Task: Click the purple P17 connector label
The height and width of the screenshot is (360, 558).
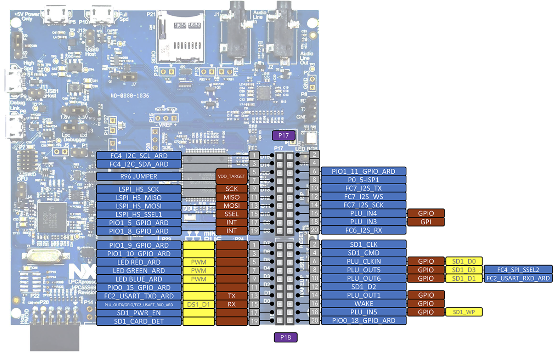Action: click(x=283, y=136)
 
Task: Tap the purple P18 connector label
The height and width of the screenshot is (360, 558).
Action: click(x=286, y=337)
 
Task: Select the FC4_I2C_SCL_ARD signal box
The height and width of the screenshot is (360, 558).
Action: click(x=139, y=156)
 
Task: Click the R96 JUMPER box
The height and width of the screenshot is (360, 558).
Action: click(x=139, y=176)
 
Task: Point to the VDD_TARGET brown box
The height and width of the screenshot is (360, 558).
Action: click(x=231, y=176)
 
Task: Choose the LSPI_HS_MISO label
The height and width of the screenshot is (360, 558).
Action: click(x=139, y=198)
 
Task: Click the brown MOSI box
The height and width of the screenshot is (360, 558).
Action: click(x=231, y=206)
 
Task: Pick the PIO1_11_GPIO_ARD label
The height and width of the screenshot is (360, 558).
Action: click(x=363, y=171)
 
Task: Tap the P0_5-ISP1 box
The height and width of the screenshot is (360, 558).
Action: click(x=363, y=180)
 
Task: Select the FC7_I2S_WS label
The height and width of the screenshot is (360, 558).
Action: click(x=363, y=197)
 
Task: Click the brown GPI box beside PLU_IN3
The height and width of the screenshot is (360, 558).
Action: click(x=426, y=222)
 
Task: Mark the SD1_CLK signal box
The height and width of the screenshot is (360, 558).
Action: click(x=363, y=245)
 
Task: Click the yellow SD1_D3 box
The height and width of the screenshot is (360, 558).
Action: click(x=464, y=270)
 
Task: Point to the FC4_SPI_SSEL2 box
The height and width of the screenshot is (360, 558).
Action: click(x=518, y=270)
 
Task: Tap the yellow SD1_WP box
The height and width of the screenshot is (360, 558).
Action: click(x=464, y=312)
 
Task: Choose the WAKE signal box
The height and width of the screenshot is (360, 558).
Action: click(x=363, y=304)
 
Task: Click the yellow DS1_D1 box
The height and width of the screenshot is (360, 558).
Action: click(x=198, y=305)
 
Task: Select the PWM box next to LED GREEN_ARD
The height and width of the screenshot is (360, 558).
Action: click(x=198, y=271)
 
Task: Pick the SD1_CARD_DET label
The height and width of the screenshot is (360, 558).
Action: click(x=139, y=321)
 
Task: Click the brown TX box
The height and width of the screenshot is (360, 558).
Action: click(x=231, y=296)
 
